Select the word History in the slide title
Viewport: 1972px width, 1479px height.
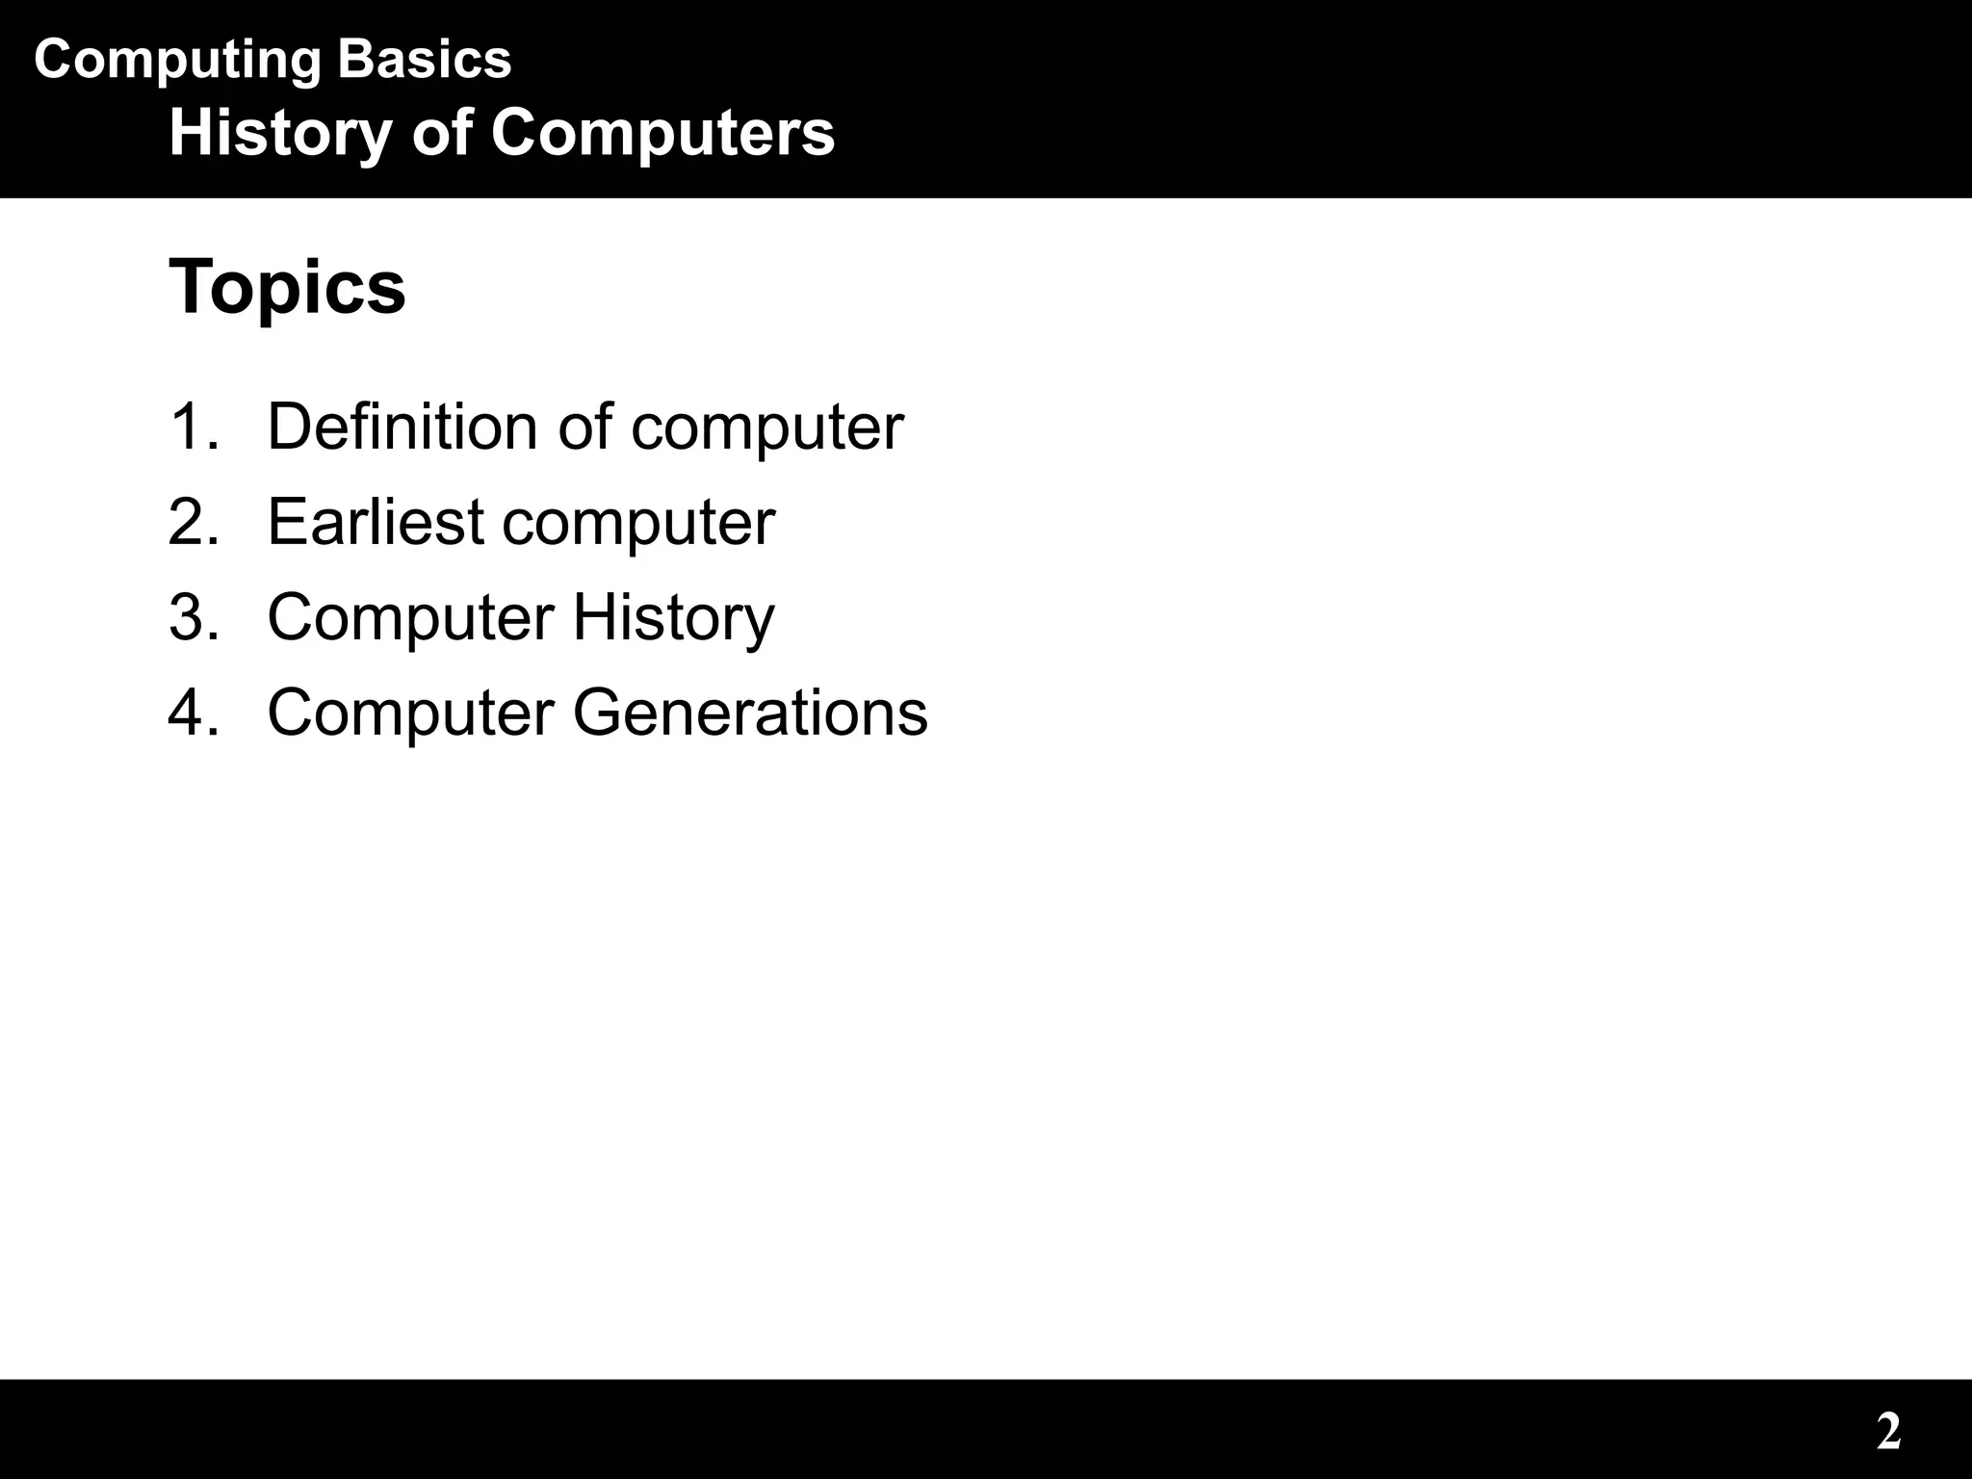pyautogui.click(x=280, y=133)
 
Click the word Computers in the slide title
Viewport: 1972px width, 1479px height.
pyautogui.click(x=662, y=133)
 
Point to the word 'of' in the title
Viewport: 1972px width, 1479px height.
pyautogui.click(x=441, y=133)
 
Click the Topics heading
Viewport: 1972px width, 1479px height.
pyautogui.click(x=287, y=287)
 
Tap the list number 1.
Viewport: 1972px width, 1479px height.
pyautogui.click(x=194, y=427)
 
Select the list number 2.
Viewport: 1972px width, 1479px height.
pyautogui.click(x=194, y=522)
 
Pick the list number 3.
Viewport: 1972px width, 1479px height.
pyautogui.click(x=194, y=617)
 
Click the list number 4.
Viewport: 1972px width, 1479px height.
pyautogui.click(x=194, y=713)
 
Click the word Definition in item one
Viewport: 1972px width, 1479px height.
pyautogui.click(x=402, y=427)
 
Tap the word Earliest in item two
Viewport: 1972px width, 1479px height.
pyautogui.click(x=376, y=522)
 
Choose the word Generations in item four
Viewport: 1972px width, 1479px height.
pyautogui.click(x=750, y=713)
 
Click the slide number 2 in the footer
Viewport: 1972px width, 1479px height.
pyautogui.click(x=1888, y=1432)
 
